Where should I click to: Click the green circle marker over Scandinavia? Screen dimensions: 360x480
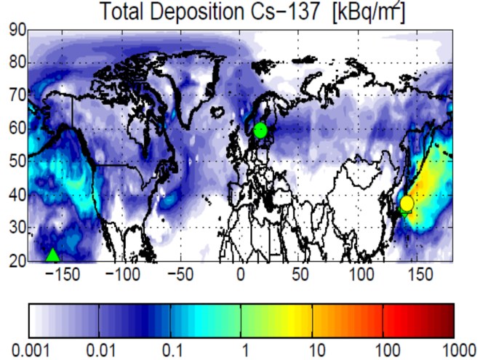pos(261,130)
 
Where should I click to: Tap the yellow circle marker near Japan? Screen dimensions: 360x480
pos(407,203)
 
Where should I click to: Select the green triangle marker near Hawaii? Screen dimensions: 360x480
pos(52,255)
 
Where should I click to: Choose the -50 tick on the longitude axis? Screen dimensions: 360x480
pos(179,276)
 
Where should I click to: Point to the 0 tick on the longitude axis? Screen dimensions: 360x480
pos(241,276)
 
